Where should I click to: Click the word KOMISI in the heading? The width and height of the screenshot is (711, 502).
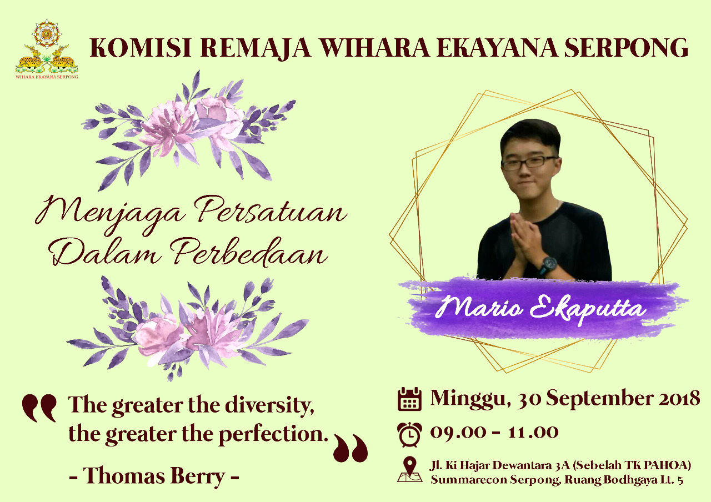(x=141, y=48)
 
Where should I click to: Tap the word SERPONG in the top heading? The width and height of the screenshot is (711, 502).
(x=626, y=48)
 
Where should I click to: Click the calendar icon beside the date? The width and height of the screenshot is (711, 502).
(x=409, y=399)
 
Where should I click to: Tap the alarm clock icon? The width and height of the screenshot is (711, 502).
(x=409, y=434)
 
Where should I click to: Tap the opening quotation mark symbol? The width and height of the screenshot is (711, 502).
(x=39, y=408)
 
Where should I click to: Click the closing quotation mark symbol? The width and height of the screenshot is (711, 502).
(x=351, y=448)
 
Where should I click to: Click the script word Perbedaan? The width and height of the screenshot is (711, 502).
(x=248, y=252)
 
